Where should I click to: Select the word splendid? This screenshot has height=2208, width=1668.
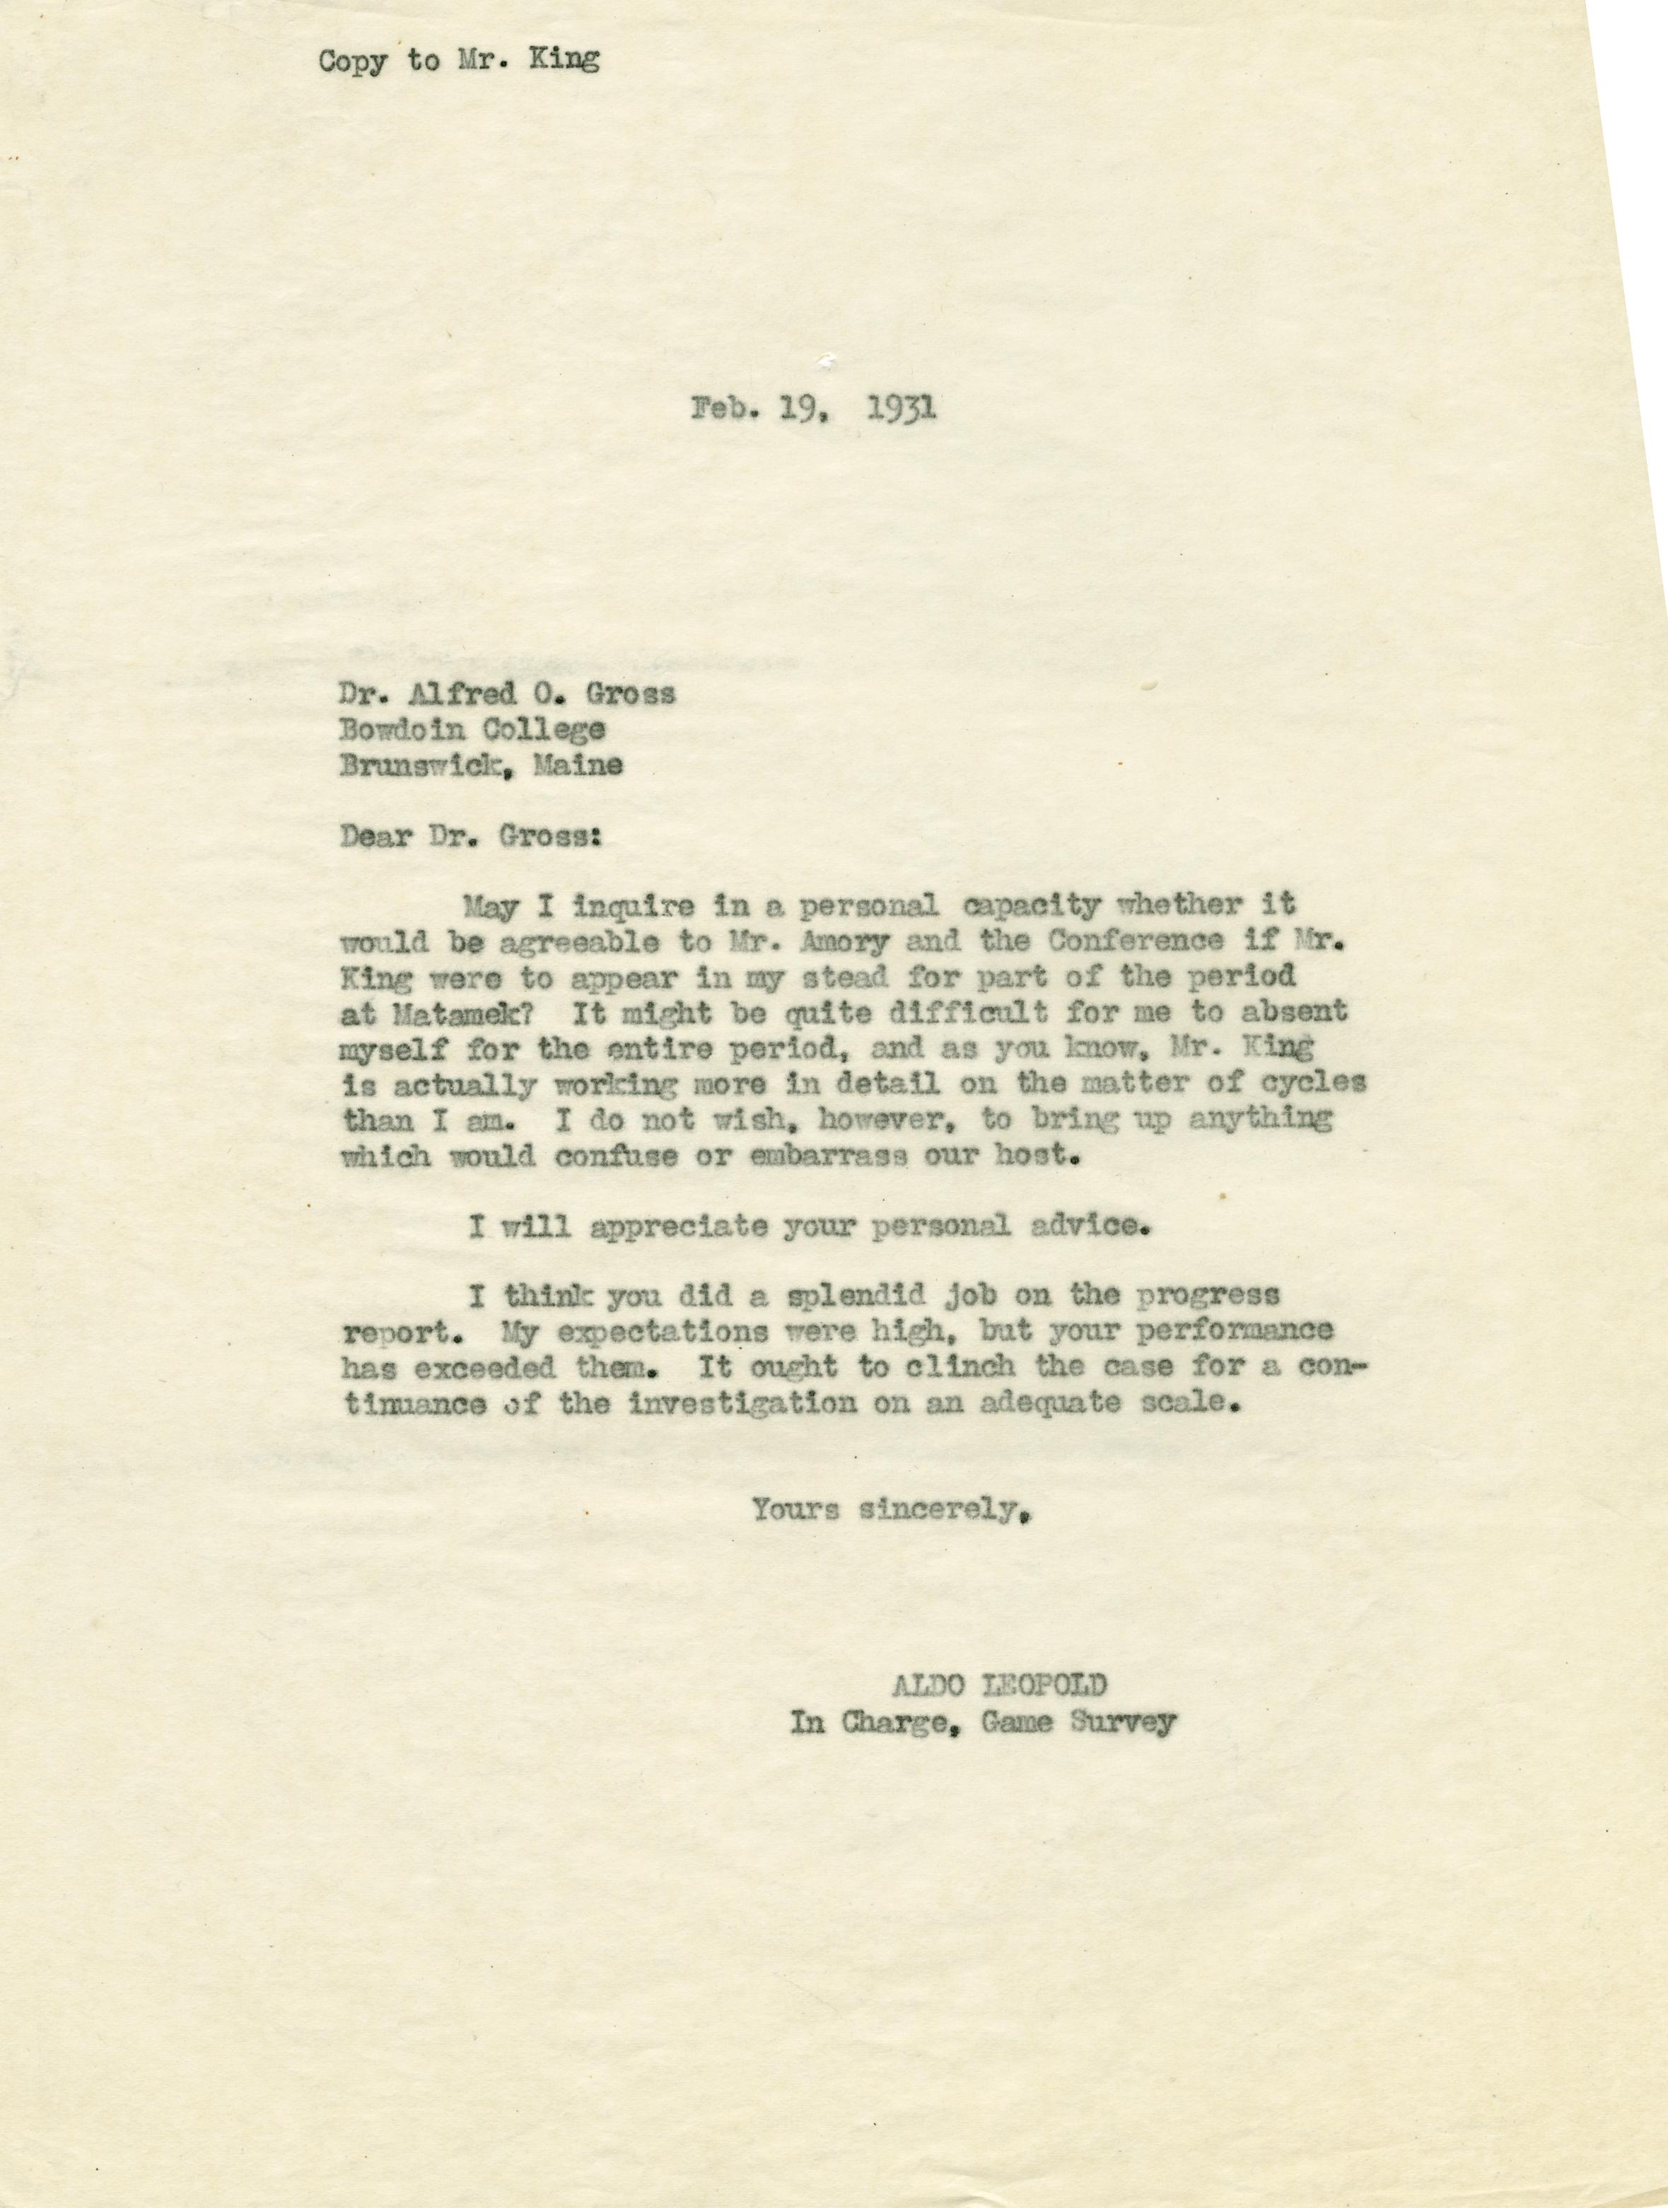(859, 1296)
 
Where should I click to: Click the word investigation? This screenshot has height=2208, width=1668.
(742, 1402)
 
